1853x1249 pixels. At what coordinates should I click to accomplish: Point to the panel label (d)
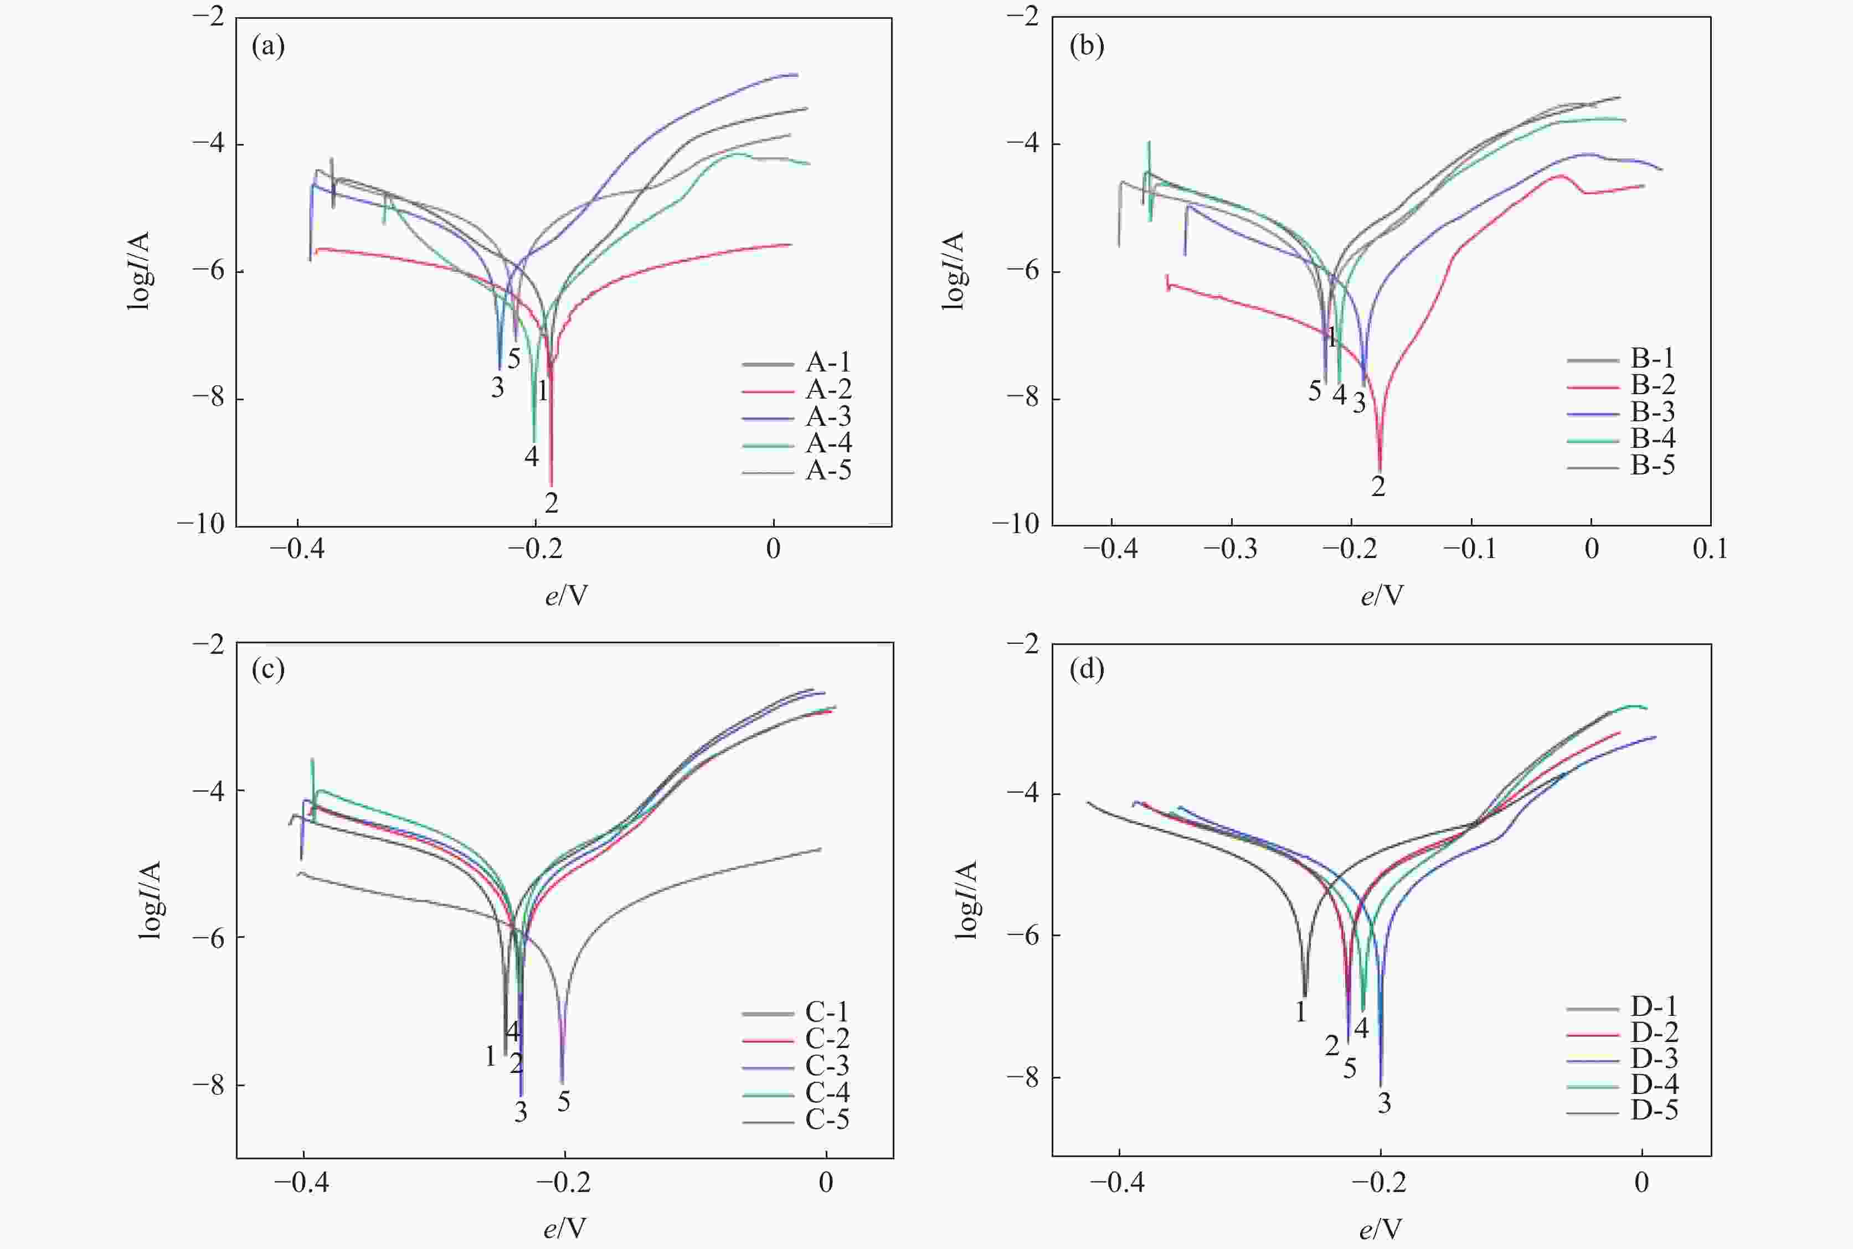pos(1087,669)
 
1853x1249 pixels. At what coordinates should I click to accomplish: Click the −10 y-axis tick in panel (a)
pos(201,524)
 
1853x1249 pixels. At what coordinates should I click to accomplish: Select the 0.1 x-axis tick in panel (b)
pos(1710,549)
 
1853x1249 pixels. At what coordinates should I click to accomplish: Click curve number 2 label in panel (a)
pos(551,503)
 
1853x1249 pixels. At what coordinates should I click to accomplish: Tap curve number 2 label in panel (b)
pos(1378,486)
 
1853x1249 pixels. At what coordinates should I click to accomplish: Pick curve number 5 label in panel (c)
pos(564,1102)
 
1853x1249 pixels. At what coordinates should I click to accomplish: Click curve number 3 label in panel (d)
pos(1384,1103)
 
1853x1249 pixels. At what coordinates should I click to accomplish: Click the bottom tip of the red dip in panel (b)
pos(1380,472)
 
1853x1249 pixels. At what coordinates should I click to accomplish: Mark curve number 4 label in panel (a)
pos(531,456)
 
